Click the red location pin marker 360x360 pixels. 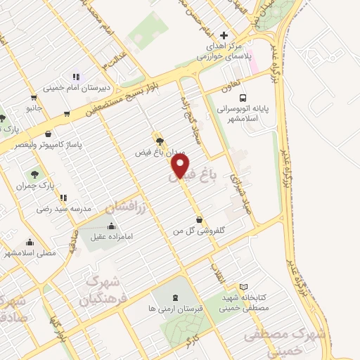[181, 166]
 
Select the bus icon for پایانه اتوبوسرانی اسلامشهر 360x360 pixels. [243, 98]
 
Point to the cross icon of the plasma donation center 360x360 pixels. [224, 35]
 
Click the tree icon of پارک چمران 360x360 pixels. [33, 173]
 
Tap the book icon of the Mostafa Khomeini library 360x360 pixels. [243, 287]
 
